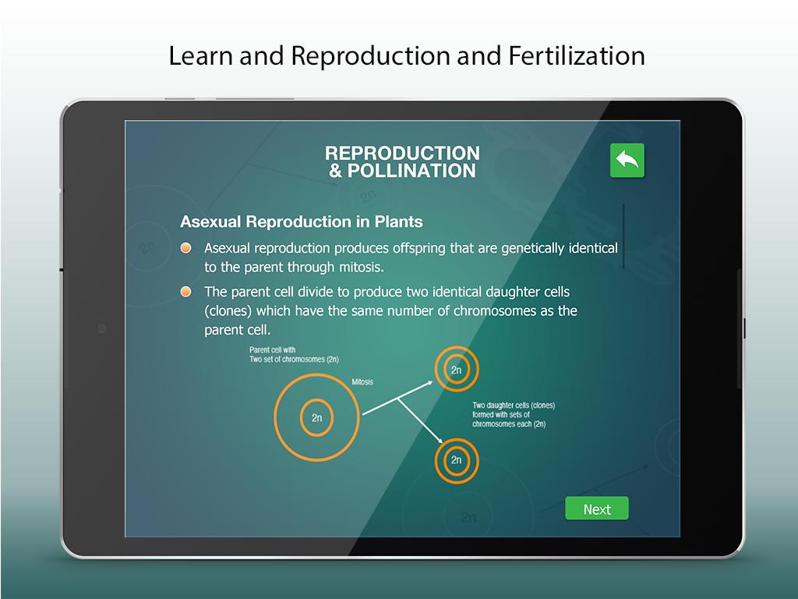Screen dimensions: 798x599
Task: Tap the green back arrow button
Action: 627,161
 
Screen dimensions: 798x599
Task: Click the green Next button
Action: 597,509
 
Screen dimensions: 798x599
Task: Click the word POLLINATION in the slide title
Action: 411,171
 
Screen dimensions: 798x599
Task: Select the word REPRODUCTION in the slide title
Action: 402,153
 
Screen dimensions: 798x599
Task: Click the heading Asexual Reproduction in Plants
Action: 302,222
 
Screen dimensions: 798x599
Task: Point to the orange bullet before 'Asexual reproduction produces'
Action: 186,248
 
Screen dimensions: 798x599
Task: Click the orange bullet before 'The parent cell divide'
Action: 186,292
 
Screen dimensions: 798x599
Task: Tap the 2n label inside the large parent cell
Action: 316,418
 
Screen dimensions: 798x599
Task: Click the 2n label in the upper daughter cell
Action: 457,370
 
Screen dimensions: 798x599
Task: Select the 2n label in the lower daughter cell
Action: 457,460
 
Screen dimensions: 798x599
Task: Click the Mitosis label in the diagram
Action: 362,382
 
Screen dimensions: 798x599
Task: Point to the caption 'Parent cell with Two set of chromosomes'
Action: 294,355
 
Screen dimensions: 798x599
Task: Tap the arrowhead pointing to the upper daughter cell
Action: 429,383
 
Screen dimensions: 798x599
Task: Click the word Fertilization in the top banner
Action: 577,55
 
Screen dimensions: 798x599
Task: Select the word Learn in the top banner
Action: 200,55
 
